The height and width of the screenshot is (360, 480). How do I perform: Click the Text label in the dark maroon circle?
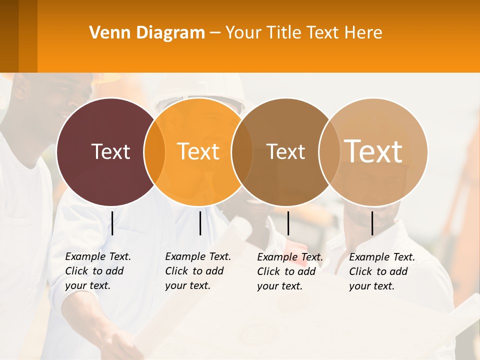(x=110, y=151)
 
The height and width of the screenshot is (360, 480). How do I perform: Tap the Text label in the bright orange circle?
(x=198, y=151)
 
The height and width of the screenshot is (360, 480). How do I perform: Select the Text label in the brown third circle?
(x=286, y=151)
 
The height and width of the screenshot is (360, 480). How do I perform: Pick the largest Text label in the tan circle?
(x=373, y=151)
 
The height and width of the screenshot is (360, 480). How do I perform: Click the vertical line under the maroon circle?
(x=112, y=223)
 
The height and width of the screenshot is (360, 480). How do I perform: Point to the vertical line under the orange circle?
(x=200, y=223)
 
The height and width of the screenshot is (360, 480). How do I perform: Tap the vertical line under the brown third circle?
(x=288, y=223)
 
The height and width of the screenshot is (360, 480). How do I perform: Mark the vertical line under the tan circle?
(x=372, y=223)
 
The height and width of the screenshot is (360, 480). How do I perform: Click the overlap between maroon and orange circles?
(x=154, y=151)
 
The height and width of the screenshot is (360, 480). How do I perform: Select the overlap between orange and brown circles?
(x=242, y=151)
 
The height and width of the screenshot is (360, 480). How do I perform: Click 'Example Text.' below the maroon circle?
(x=98, y=256)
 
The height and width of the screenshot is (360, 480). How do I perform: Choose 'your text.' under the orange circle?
(x=187, y=285)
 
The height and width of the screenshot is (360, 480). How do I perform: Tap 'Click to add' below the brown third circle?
(x=286, y=271)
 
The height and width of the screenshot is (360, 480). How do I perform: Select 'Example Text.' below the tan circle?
(x=382, y=257)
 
